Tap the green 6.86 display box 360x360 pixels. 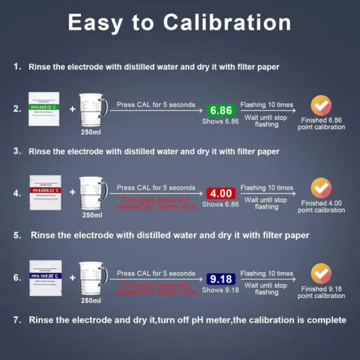click(x=220, y=110)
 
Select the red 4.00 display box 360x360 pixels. click(x=220, y=194)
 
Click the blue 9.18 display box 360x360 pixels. click(x=220, y=279)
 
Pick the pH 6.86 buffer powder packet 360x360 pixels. click(x=44, y=109)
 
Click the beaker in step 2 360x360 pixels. click(x=94, y=108)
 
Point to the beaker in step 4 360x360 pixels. click(x=94, y=192)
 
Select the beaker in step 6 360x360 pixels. click(x=94, y=277)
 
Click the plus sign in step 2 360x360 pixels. click(x=72, y=109)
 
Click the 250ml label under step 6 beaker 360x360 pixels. click(x=92, y=300)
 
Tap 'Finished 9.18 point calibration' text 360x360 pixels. click(x=322, y=292)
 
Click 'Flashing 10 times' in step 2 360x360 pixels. click(x=267, y=104)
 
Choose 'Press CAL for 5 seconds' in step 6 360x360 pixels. click(x=156, y=274)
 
